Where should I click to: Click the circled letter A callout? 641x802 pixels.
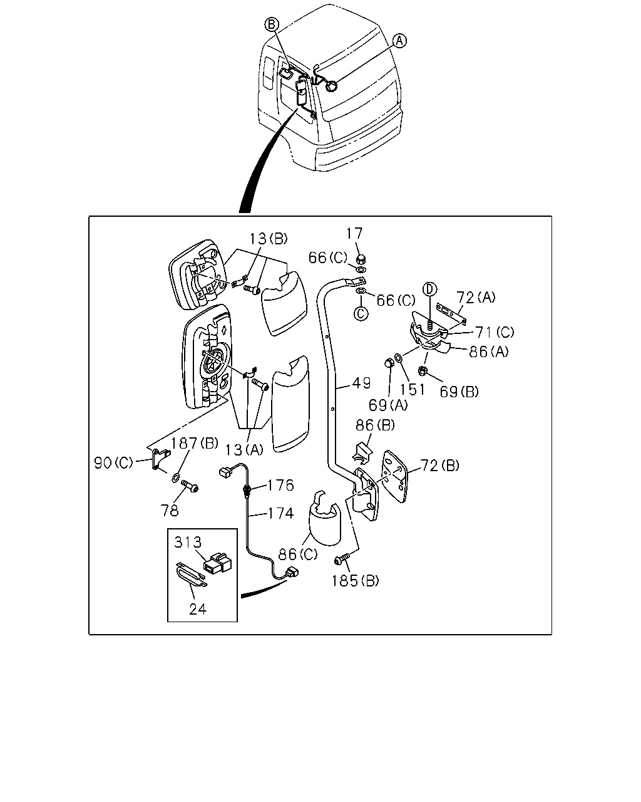click(x=399, y=41)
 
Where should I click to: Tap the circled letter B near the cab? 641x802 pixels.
click(x=271, y=24)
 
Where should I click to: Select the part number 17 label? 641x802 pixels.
click(x=354, y=234)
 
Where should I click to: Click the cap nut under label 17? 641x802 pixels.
click(x=361, y=259)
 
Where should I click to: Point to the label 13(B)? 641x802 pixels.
click(x=269, y=239)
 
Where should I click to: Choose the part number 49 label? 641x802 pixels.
click(x=361, y=383)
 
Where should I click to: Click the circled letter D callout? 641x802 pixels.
click(x=429, y=289)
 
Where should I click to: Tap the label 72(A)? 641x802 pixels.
click(x=476, y=298)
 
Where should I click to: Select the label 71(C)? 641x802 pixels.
click(x=495, y=331)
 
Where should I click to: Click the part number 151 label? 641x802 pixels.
click(x=413, y=390)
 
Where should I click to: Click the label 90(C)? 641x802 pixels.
click(x=113, y=463)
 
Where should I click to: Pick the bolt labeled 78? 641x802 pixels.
click(x=190, y=486)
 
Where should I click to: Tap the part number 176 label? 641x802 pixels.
click(x=280, y=485)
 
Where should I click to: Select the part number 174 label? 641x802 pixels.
click(x=280, y=514)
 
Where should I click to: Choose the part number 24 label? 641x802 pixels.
click(x=197, y=609)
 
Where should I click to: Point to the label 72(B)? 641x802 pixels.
click(x=440, y=466)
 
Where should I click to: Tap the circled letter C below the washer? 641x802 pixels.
click(x=361, y=313)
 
